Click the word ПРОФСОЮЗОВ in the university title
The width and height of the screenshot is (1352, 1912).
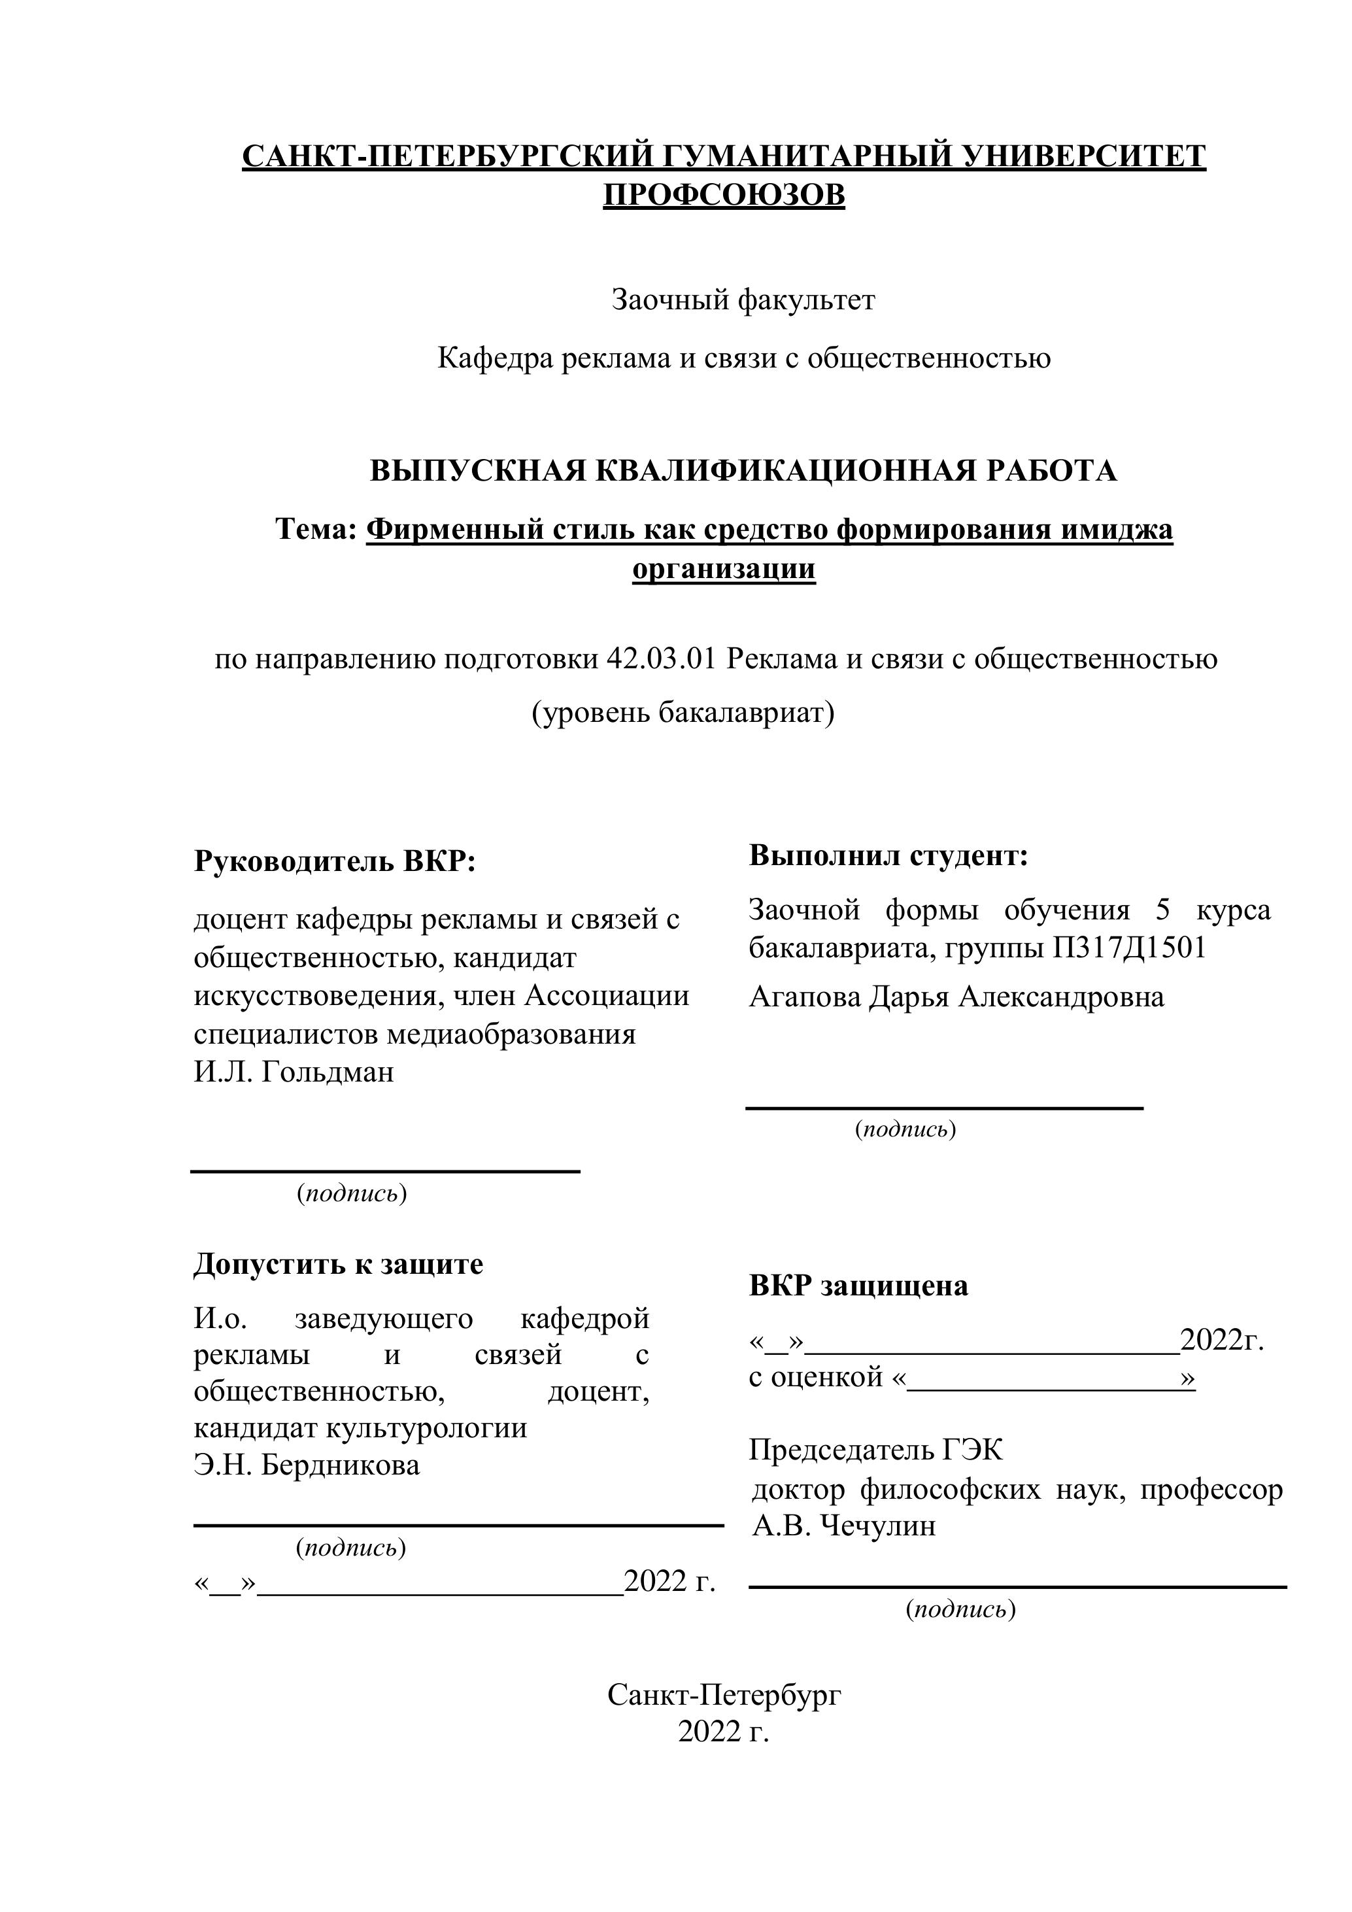tap(724, 196)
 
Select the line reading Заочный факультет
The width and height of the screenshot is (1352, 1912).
tap(743, 299)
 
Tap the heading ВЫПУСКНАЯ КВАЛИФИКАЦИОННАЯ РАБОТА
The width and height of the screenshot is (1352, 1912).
tap(743, 471)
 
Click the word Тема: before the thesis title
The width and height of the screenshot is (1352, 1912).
tap(316, 530)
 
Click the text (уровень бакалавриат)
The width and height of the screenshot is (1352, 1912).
tap(683, 713)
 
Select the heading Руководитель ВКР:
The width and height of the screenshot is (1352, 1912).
tap(334, 861)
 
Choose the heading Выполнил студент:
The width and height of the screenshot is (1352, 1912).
tap(888, 855)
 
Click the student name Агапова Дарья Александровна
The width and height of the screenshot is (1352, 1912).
tap(956, 997)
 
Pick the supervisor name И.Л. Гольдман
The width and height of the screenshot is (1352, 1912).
tap(294, 1072)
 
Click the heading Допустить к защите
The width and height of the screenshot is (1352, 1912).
tap(338, 1264)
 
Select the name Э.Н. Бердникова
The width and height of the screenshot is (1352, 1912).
tap(307, 1465)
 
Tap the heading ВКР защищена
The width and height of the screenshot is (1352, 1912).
tap(858, 1286)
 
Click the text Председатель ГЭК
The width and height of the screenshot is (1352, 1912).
tap(876, 1450)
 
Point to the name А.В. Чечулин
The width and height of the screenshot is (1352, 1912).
tap(844, 1526)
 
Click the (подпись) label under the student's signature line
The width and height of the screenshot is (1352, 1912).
tap(905, 1130)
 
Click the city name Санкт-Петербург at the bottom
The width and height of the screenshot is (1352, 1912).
tap(724, 1695)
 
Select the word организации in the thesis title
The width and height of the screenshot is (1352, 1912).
tap(724, 570)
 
